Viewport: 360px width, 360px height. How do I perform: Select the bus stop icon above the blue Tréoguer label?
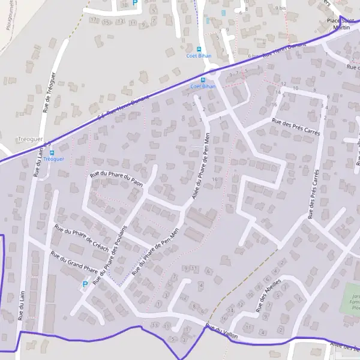point(52,152)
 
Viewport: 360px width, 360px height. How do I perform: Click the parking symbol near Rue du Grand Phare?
point(85,284)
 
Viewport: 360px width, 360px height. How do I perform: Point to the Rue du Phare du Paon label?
point(116,178)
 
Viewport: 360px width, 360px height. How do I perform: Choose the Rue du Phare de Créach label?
point(82,239)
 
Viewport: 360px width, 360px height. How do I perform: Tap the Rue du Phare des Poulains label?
point(111,253)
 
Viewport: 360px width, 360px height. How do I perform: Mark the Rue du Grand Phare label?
point(74,263)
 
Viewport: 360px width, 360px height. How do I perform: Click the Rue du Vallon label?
point(221,332)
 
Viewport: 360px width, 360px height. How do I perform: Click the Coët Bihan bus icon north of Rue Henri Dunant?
point(199,49)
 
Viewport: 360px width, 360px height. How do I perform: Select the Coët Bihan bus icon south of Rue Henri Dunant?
point(203,79)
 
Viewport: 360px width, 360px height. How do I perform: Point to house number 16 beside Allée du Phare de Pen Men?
point(214,179)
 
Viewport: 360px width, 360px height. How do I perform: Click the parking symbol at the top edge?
point(134,3)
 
